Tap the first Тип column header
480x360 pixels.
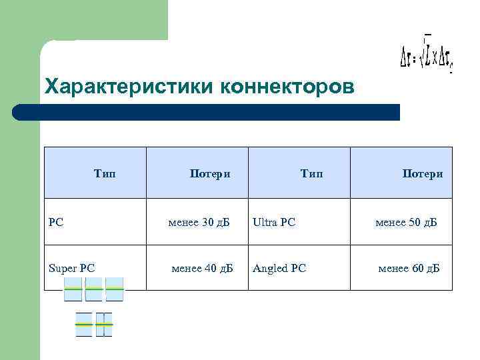click(x=105, y=174)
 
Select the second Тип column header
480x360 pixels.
click(x=311, y=174)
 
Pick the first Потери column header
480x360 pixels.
click(x=210, y=174)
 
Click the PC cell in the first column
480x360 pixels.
click(x=57, y=222)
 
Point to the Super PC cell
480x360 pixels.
click(x=72, y=269)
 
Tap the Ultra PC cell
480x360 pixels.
click(x=274, y=222)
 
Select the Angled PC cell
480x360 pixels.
click(x=279, y=269)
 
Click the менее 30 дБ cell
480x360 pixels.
click(x=199, y=222)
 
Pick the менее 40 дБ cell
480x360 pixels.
click(x=202, y=269)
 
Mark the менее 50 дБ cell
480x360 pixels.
click(x=406, y=222)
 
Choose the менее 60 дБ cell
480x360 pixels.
click(x=409, y=269)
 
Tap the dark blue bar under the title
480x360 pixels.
click(x=207, y=112)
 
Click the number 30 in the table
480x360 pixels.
click(x=207, y=222)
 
